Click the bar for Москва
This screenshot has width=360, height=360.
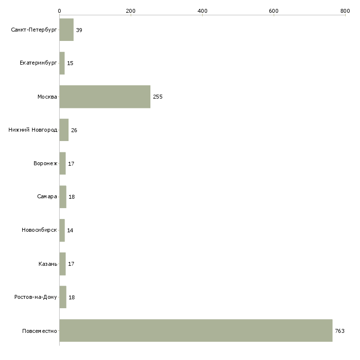click(x=105, y=97)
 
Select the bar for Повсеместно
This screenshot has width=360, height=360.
click(x=196, y=330)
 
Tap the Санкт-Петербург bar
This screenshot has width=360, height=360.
click(x=67, y=30)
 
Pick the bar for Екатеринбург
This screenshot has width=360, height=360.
click(x=62, y=63)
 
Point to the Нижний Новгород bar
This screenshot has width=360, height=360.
click(x=64, y=130)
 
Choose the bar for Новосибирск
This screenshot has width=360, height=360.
click(x=62, y=230)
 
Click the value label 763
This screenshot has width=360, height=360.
click(x=340, y=331)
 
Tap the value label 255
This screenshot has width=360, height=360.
click(x=158, y=97)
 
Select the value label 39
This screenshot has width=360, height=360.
click(x=79, y=30)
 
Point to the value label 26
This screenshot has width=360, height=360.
click(x=74, y=130)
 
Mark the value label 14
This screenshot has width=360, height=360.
click(x=70, y=230)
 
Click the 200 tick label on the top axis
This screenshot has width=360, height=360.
click(x=131, y=11)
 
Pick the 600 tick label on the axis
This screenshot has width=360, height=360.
click(x=274, y=11)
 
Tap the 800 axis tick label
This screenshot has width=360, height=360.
click(x=345, y=11)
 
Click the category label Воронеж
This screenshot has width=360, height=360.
click(x=45, y=163)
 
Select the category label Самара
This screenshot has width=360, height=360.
click(x=47, y=197)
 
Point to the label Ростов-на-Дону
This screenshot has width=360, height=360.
click(x=36, y=297)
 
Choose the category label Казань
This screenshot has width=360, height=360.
click(x=48, y=264)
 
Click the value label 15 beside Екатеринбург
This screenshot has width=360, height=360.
click(x=70, y=63)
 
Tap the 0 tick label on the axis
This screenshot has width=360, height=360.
click(x=60, y=11)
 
